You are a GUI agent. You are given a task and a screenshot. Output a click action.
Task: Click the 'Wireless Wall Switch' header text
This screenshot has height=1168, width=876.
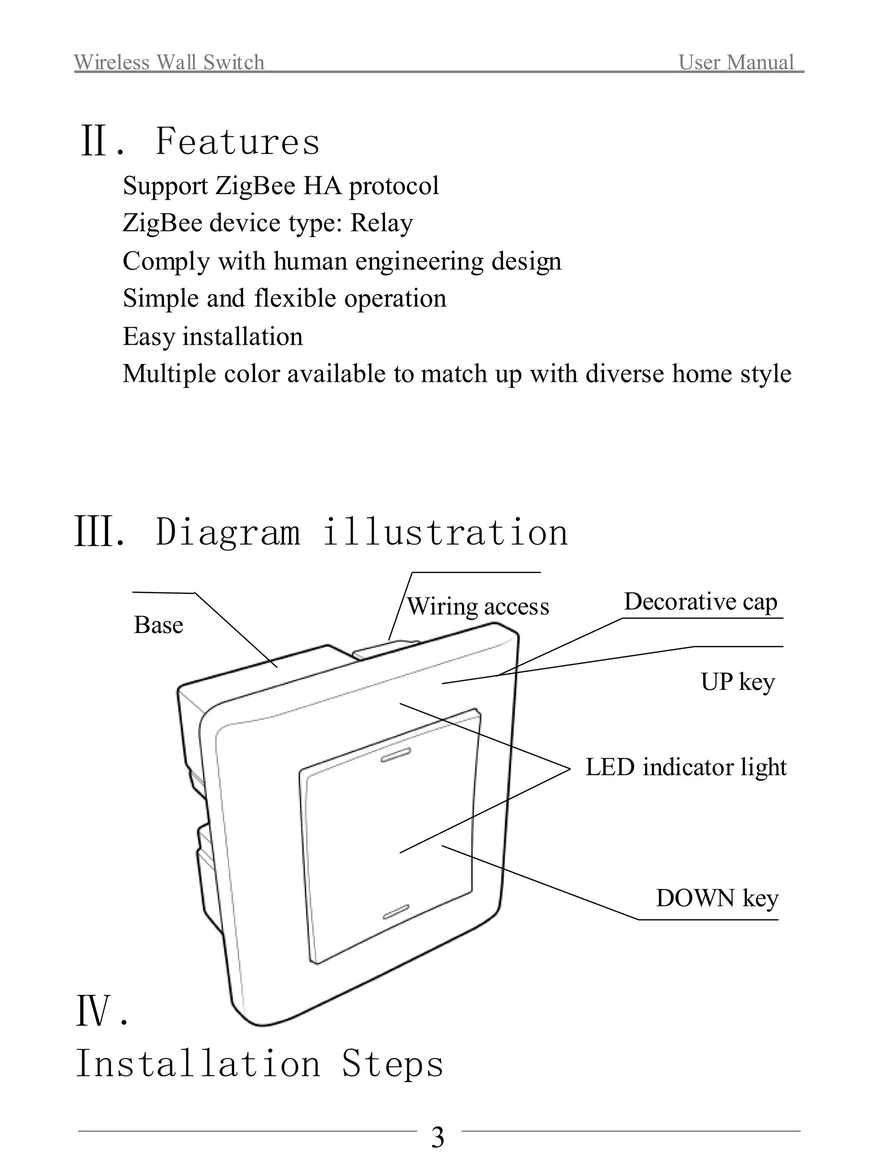point(169,62)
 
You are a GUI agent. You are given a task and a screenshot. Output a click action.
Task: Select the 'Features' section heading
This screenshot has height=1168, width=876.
point(238,142)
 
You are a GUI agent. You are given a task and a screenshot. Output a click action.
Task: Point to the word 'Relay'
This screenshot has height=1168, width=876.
point(381,223)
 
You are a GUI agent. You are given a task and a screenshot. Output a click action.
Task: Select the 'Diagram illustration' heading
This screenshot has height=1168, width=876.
point(362,532)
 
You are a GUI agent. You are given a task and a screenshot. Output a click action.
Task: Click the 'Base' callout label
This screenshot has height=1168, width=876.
point(158,625)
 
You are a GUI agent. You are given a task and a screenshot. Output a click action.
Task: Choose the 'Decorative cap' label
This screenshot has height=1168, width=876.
point(700,602)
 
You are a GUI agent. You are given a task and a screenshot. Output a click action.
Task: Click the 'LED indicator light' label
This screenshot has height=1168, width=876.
point(685,767)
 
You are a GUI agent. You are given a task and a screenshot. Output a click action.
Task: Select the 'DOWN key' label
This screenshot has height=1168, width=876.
point(716,898)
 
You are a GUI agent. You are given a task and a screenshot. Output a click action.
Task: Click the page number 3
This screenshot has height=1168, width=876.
point(438,1138)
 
